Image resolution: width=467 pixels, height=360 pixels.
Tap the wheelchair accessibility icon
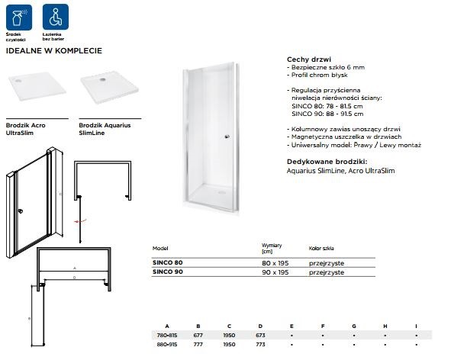(x=52, y=15)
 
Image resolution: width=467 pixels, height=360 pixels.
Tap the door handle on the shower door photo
(x=227, y=137)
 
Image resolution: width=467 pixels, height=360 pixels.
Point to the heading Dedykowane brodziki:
(x=327, y=162)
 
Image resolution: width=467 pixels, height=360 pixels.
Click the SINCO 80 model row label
(x=169, y=263)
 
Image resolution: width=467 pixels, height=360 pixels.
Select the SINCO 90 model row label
(x=169, y=272)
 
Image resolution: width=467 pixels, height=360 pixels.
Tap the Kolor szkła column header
(x=321, y=249)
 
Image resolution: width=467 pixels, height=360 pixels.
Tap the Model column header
(x=160, y=249)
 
